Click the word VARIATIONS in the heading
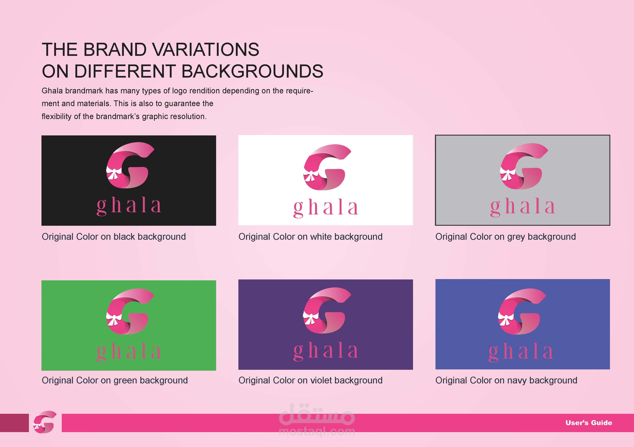click(206, 50)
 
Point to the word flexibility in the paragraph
click(57, 116)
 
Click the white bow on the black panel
click(114, 173)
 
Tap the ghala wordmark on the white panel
click(326, 209)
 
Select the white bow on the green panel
click(114, 319)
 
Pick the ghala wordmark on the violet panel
click(326, 352)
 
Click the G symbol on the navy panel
click(522, 311)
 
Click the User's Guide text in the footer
click(589, 423)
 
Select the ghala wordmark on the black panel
click(129, 207)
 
